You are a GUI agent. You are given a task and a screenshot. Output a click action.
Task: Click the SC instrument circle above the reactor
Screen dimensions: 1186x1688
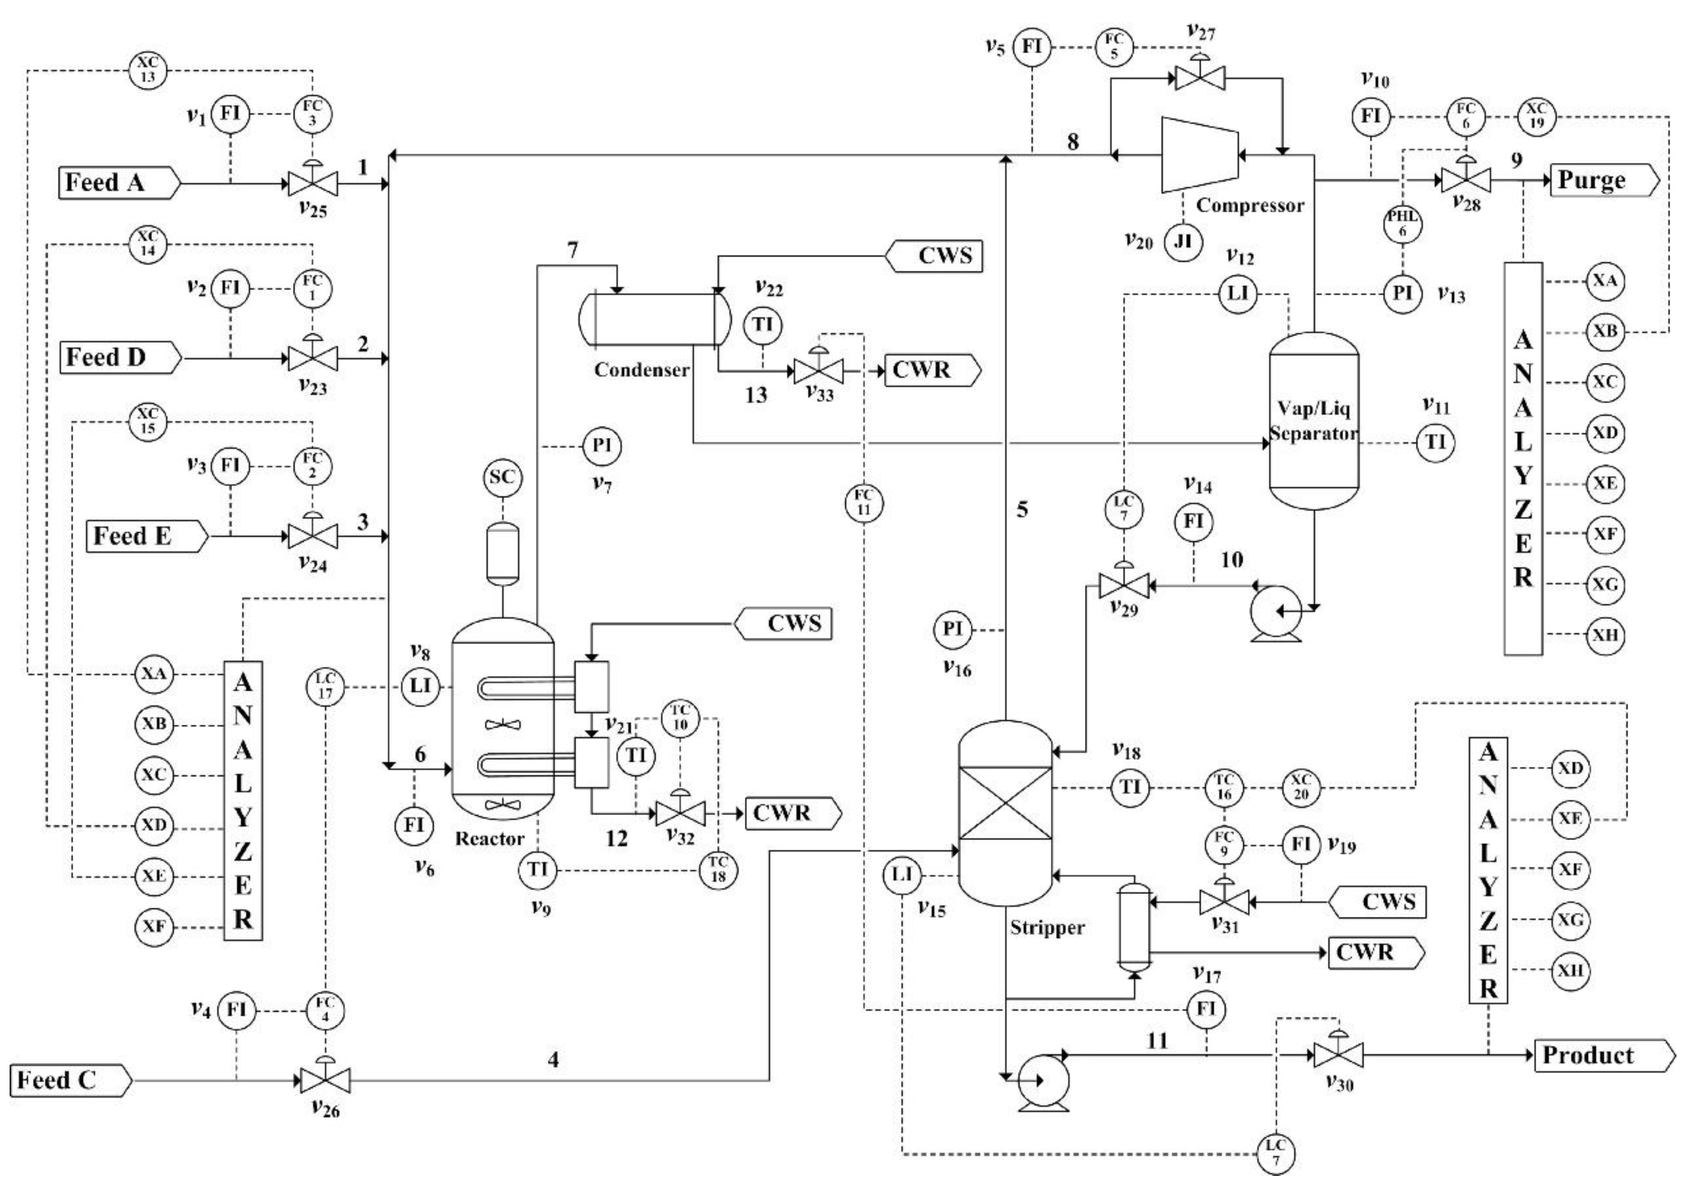[502, 478]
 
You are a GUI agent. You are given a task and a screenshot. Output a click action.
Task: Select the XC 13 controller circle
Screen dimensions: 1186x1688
[148, 71]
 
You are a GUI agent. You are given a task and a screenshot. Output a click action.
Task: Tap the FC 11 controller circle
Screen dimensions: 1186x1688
[864, 504]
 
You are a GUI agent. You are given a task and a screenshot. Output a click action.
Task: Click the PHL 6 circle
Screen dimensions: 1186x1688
[1403, 224]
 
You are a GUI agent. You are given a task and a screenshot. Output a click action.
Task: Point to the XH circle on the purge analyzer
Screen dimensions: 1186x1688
[1605, 634]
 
